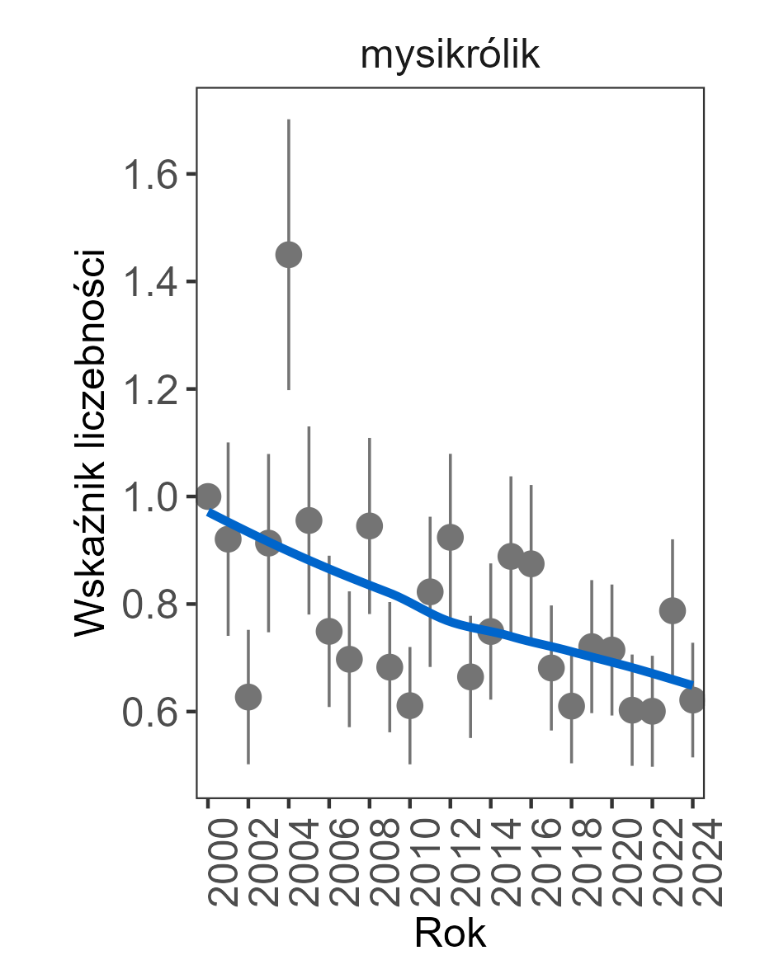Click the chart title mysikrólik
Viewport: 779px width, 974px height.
[x=450, y=56]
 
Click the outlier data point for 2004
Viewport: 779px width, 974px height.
[x=289, y=255]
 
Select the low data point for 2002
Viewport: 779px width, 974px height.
[x=248, y=697]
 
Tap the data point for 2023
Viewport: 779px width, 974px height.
[x=673, y=610]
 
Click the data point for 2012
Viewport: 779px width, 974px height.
[x=451, y=538]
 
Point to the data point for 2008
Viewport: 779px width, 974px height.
[x=370, y=525]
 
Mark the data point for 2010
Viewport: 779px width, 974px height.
[x=410, y=705]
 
